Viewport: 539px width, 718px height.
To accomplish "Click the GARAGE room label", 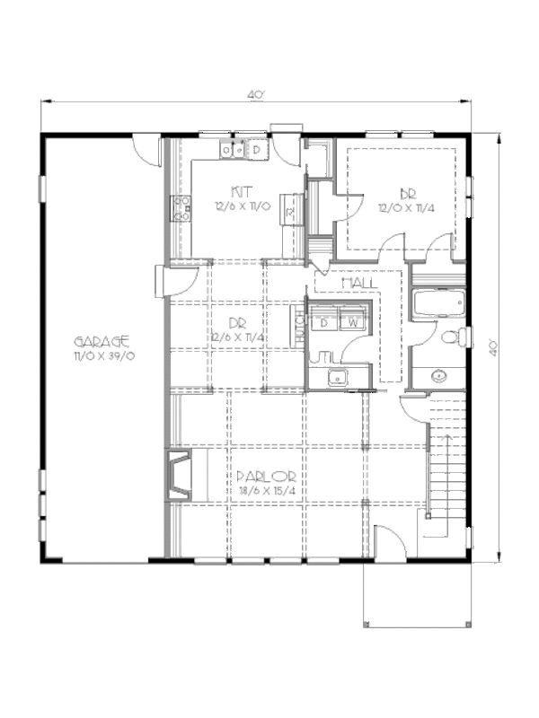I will tap(102, 341).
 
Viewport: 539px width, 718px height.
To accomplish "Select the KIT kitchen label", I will tap(241, 192).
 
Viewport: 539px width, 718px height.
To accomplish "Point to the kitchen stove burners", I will tap(181, 208).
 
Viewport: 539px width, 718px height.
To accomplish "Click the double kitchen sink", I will tap(234, 150).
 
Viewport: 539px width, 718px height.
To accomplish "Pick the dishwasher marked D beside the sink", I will tap(256, 150).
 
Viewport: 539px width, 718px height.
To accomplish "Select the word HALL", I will tap(358, 283).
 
